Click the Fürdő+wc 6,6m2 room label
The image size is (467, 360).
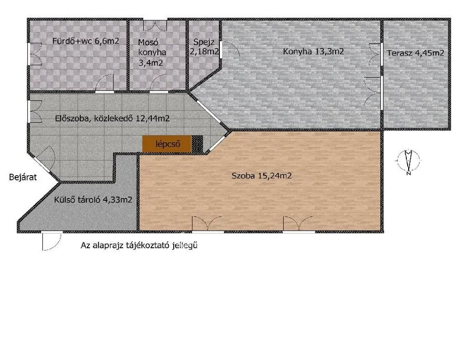86,41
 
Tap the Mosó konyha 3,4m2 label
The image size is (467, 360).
152,53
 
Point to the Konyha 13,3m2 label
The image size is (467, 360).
313,52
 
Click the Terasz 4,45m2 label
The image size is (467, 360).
415,53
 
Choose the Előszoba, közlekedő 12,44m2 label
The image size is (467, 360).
112,119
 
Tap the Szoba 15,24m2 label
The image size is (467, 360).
262,176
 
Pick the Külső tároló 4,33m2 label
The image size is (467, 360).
93,199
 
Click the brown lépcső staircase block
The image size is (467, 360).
166,144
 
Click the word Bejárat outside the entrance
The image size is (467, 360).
23,178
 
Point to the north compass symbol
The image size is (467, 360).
409,162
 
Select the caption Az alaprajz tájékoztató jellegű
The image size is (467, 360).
139,246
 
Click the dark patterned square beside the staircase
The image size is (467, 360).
197,144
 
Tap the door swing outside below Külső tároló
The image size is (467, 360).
52,241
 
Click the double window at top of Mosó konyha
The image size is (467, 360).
155,25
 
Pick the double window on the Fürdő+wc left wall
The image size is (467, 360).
35,54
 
